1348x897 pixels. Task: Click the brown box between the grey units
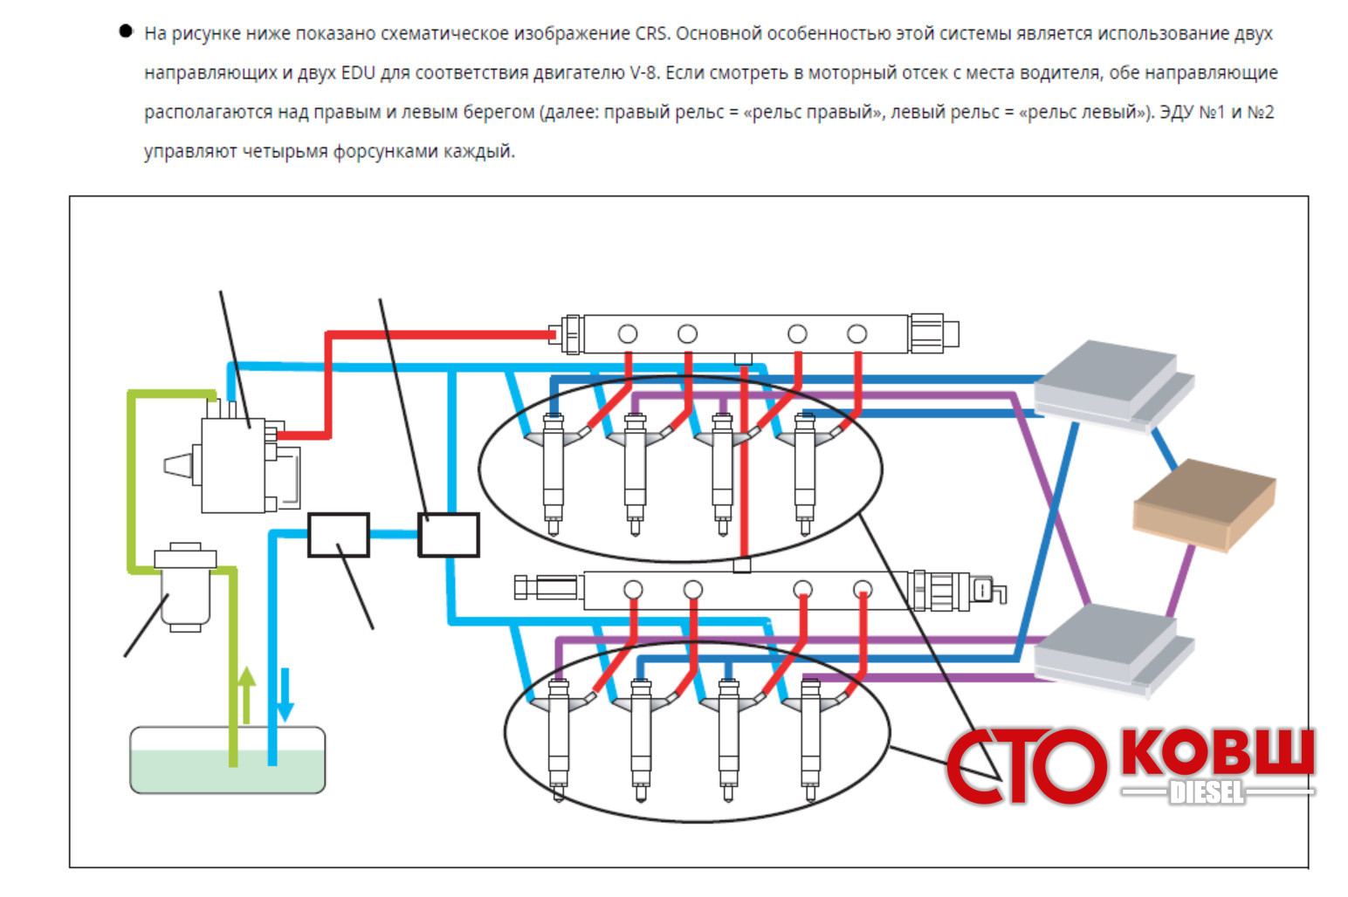(1203, 505)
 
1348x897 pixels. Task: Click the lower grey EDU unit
(1111, 647)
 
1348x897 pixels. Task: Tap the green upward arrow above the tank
(247, 695)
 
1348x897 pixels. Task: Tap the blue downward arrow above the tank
(285, 695)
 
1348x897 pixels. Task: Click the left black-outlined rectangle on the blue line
(338, 535)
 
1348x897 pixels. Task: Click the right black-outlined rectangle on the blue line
(448, 535)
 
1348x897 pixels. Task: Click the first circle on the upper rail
(627, 333)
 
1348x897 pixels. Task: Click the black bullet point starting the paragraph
(126, 32)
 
